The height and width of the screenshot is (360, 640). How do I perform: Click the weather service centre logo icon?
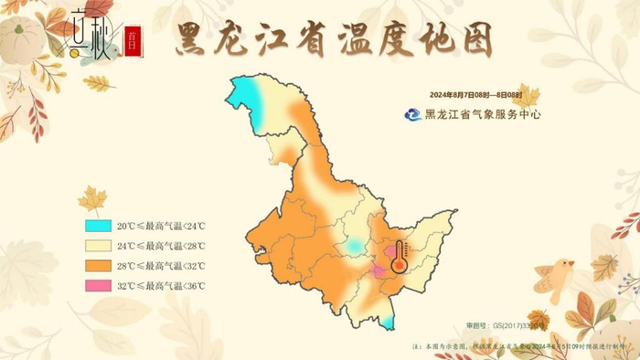click(414, 114)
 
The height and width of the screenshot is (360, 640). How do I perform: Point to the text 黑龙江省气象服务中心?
click(483, 115)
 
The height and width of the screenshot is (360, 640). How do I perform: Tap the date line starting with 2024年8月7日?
click(475, 95)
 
